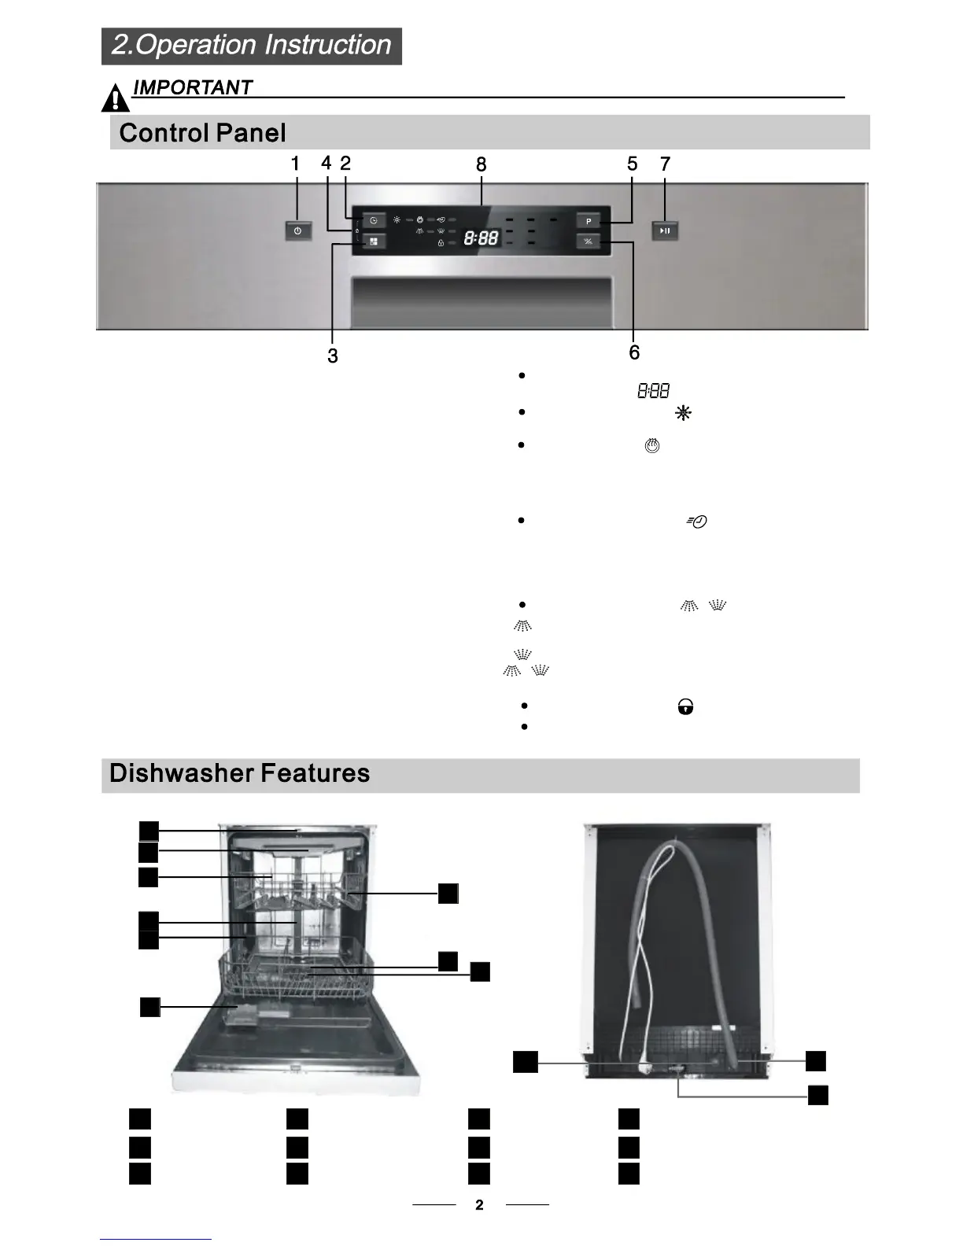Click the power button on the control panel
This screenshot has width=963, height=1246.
[x=297, y=230]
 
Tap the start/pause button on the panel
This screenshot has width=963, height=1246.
[x=665, y=230]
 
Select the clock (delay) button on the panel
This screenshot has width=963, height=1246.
[x=374, y=221]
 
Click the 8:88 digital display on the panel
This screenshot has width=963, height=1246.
[x=480, y=237]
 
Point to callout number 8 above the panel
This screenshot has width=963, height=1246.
[x=481, y=164]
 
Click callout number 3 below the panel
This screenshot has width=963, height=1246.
[x=333, y=356]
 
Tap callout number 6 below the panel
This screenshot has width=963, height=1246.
[x=634, y=352]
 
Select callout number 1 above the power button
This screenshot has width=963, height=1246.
[x=295, y=164]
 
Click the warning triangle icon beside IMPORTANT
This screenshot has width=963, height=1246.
[x=116, y=98]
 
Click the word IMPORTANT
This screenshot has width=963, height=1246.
[x=193, y=87]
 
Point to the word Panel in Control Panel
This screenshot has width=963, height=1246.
[x=251, y=133]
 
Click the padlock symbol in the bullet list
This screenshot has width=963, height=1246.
[x=685, y=707]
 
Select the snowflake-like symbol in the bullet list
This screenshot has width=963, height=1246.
[x=683, y=413]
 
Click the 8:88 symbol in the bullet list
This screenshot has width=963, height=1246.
[x=653, y=390]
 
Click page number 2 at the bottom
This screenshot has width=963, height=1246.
[x=479, y=1204]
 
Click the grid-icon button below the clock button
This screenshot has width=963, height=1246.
[x=374, y=242]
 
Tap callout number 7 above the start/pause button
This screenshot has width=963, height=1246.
[x=665, y=164]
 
